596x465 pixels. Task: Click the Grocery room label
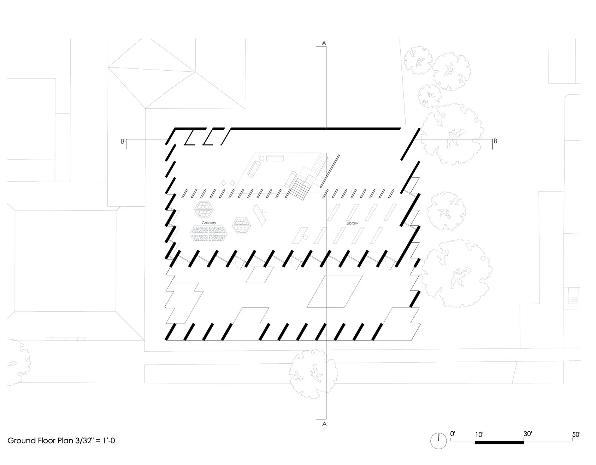pos(209,223)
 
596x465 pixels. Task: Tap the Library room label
pos(352,223)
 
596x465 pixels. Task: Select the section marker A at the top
pos(324,43)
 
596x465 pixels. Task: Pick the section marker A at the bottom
pos(324,424)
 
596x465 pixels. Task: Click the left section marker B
pos(122,141)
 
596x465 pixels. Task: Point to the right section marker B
pos(496,141)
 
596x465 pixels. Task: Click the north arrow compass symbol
pos(438,441)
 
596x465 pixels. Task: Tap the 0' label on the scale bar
pos(453,434)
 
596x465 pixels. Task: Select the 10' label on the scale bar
pos(479,434)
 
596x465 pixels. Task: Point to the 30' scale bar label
pos(528,434)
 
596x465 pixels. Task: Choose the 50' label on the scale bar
pos(576,434)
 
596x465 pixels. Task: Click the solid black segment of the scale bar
pos(499,442)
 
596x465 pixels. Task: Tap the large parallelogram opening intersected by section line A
pos(335,291)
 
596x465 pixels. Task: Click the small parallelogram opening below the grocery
pos(260,275)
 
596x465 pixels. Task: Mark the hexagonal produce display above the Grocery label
pos(204,210)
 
